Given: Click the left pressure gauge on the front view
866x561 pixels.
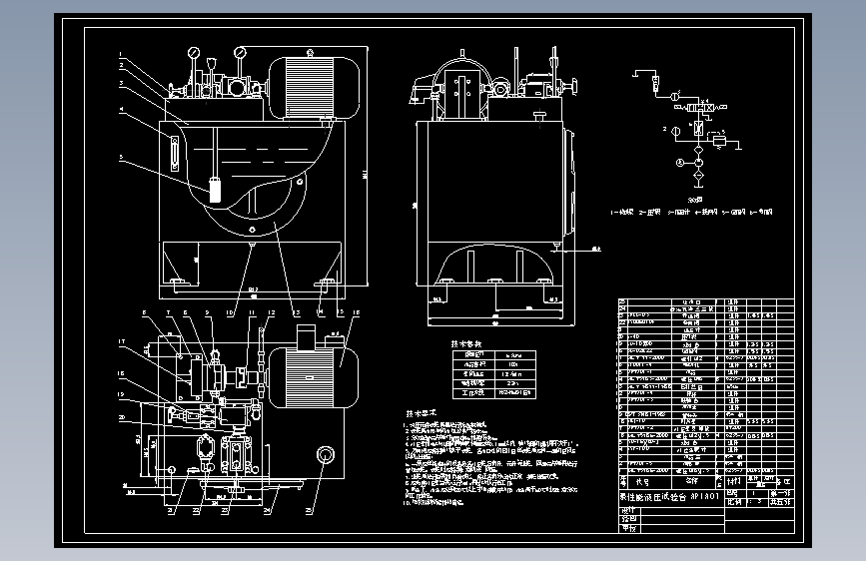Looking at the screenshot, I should coord(191,53).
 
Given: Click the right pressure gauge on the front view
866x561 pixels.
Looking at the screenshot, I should coord(240,53).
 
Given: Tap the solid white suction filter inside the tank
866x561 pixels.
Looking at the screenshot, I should coord(215,188).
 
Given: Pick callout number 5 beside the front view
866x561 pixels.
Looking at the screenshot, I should coord(120,157).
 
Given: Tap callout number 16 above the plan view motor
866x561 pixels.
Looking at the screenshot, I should coord(357,312).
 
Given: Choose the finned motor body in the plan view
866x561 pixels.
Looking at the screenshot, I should coord(310,376).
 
